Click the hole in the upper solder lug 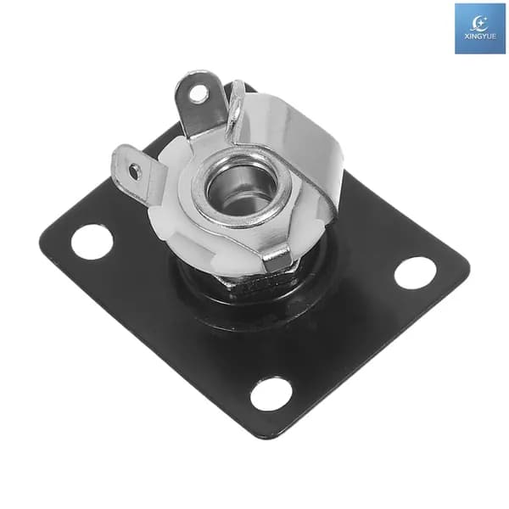(x=198, y=92)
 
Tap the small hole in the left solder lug (x=134, y=171)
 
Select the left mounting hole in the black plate (x=92, y=242)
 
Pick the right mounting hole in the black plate (x=416, y=272)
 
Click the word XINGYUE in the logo (x=480, y=36)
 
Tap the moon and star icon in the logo (x=480, y=24)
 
